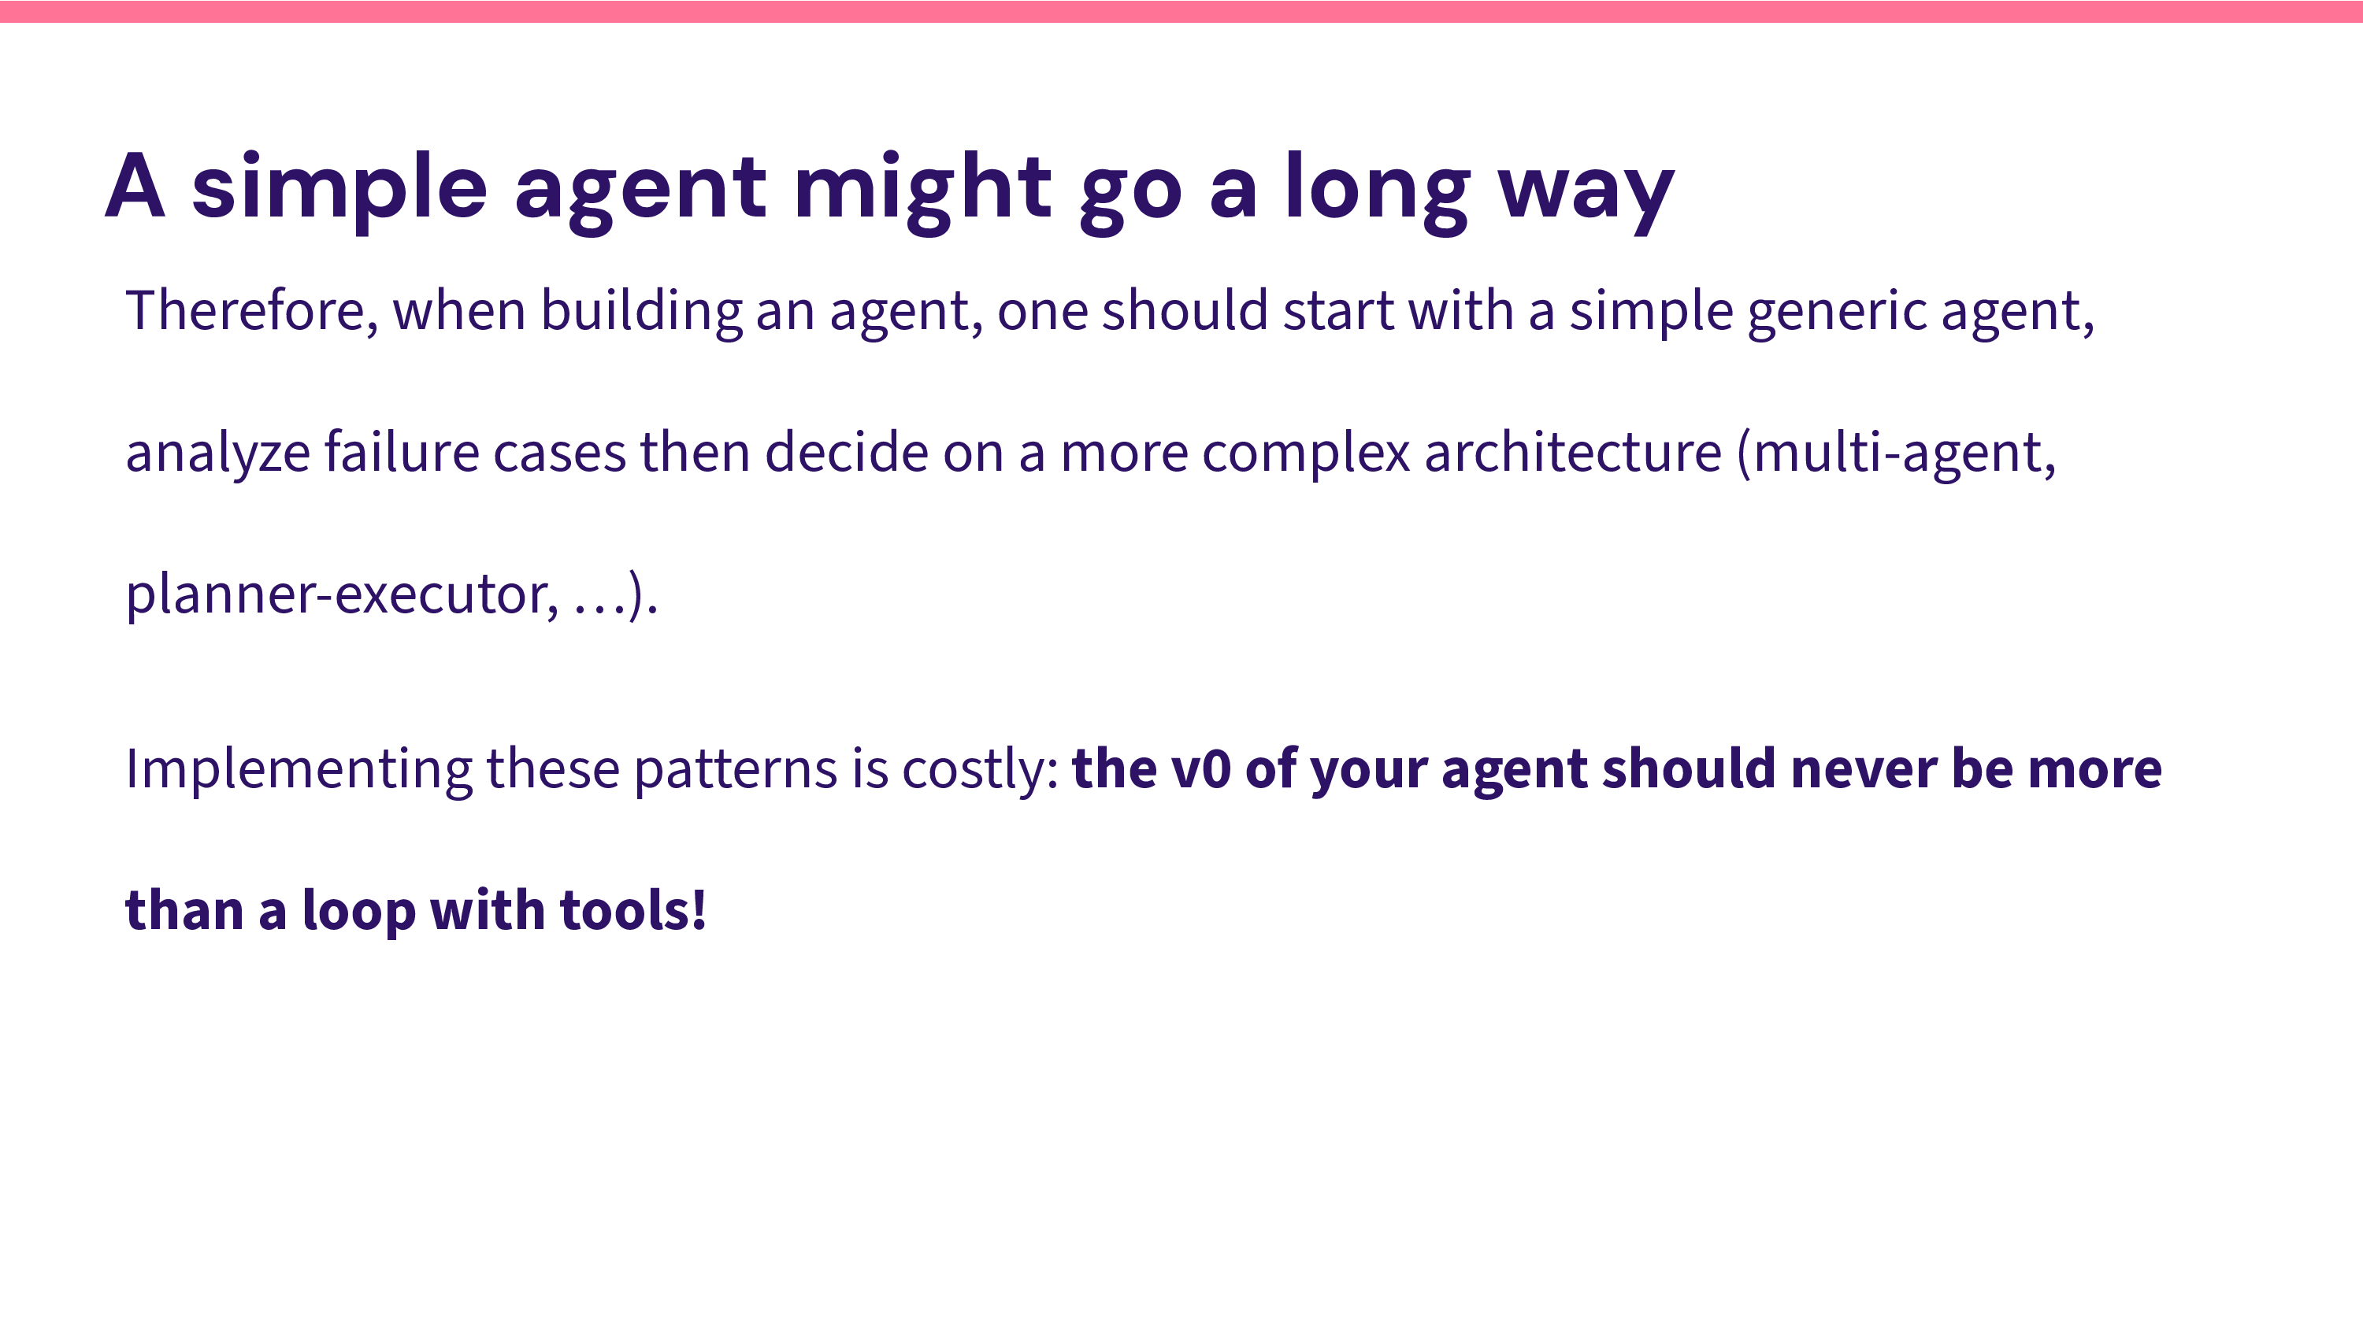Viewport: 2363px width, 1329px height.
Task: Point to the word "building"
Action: click(x=641, y=312)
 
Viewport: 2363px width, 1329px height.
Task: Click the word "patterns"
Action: click(x=736, y=771)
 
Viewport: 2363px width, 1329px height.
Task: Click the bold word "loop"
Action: click(x=358, y=912)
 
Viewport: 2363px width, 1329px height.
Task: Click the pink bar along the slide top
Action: click(x=1181, y=11)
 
